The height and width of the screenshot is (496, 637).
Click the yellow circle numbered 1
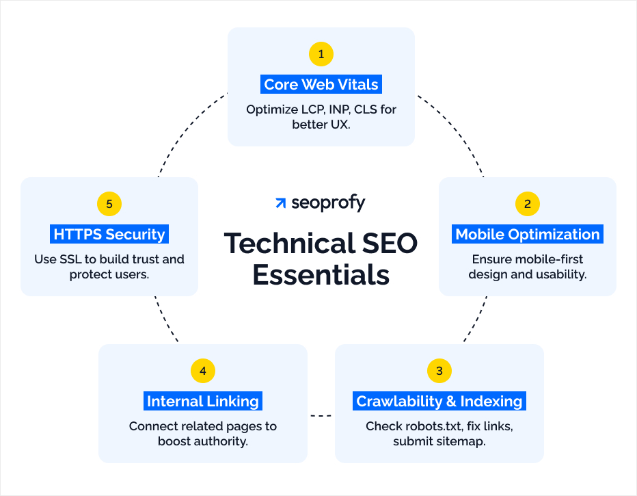(x=321, y=53)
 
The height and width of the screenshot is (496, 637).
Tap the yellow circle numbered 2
(x=527, y=203)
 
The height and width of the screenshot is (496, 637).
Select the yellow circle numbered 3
(x=439, y=371)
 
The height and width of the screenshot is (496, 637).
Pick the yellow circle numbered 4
(x=203, y=371)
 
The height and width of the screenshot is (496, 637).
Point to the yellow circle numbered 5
(x=109, y=203)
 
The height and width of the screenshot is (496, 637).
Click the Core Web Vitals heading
(x=321, y=85)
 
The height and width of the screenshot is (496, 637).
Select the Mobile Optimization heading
(x=527, y=235)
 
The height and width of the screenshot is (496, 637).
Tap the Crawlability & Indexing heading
(x=439, y=402)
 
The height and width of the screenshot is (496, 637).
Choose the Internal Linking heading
(x=203, y=402)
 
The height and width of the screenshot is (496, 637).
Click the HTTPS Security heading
(x=109, y=235)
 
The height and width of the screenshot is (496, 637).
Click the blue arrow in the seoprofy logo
(x=280, y=203)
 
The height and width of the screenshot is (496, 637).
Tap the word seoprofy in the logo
(x=328, y=203)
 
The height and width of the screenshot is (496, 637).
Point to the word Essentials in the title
(x=321, y=274)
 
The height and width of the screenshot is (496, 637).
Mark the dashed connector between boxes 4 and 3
(x=321, y=416)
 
